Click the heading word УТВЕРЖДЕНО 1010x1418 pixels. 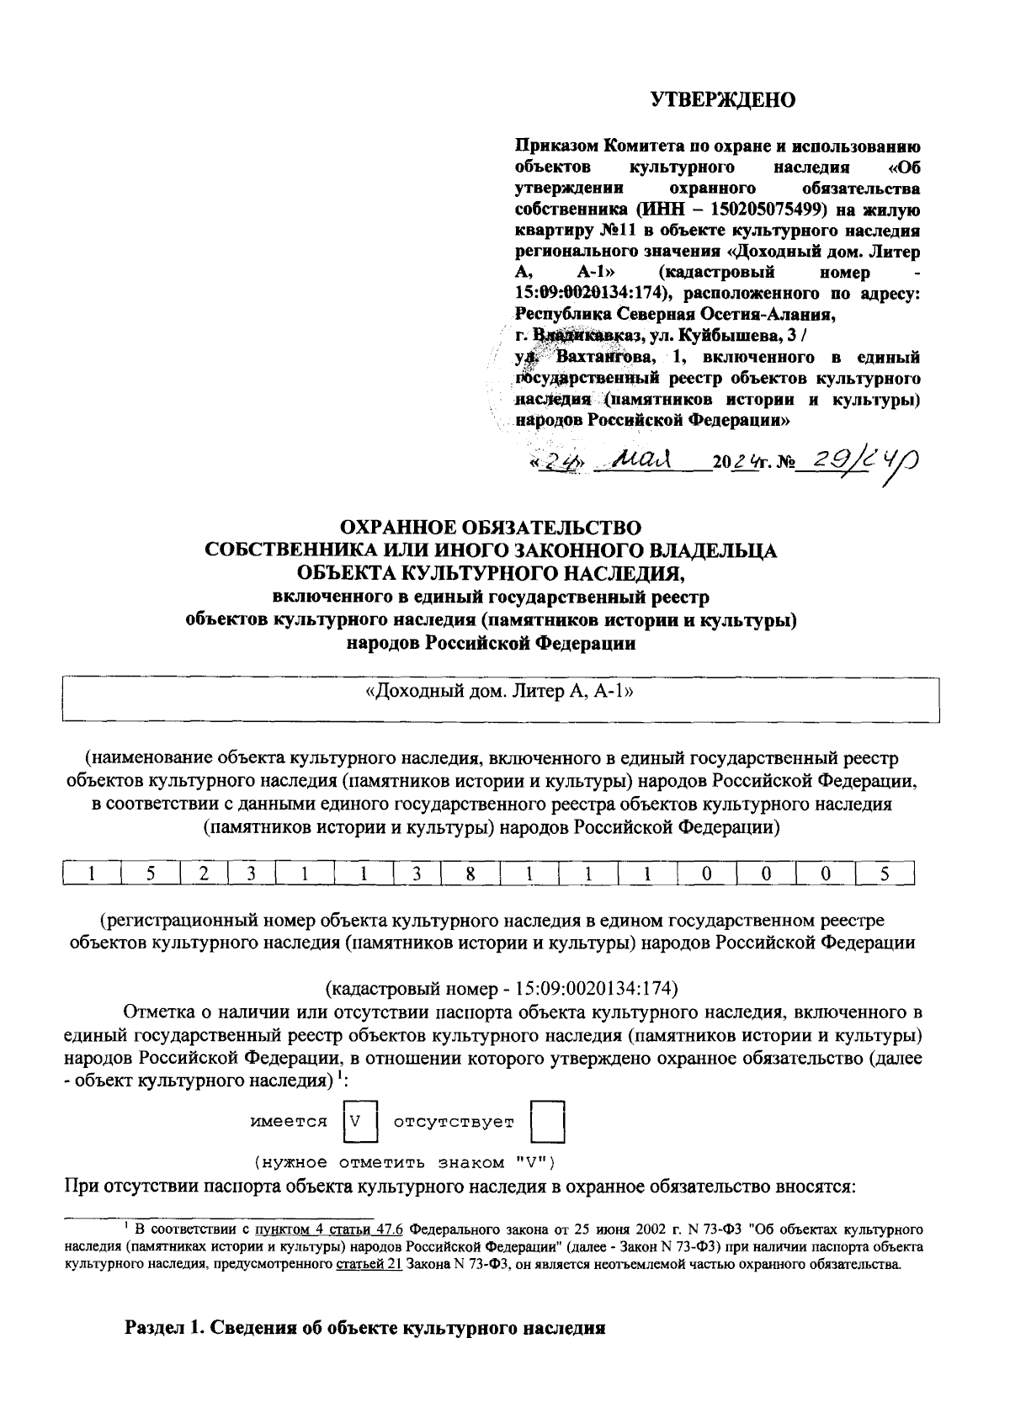[724, 100]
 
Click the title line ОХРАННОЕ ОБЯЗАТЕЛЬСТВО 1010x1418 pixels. [490, 528]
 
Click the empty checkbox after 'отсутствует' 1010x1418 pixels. [547, 1122]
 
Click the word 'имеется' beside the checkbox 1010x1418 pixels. [290, 1122]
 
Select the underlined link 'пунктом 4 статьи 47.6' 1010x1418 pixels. [323, 1229]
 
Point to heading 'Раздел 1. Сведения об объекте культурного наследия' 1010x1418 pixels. [365, 1330]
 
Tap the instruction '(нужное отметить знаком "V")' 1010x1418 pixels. [404, 1163]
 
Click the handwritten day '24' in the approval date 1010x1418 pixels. [555, 462]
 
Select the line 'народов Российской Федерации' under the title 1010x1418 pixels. [491, 644]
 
